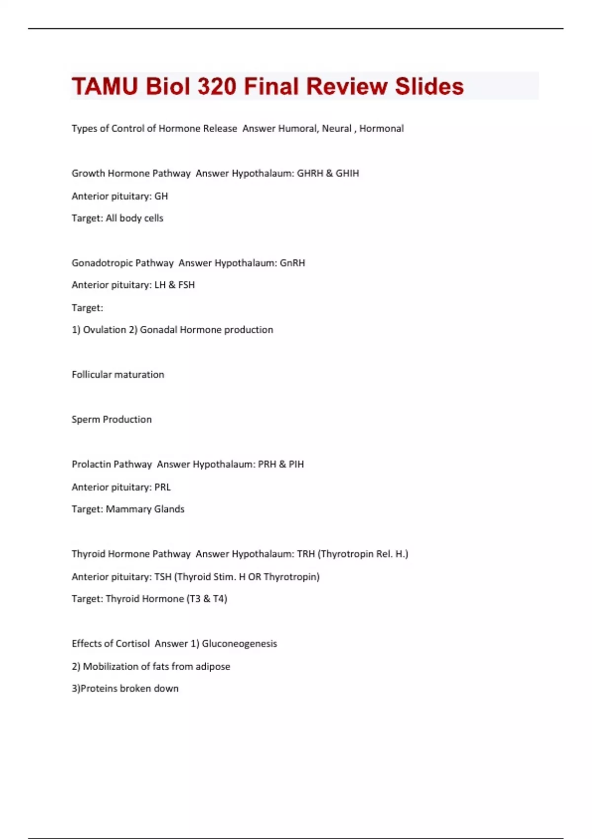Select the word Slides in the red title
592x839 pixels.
coord(429,86)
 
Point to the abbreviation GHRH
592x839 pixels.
coord(310,173)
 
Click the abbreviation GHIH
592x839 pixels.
coord(347,173)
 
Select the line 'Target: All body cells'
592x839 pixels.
coord(117,218)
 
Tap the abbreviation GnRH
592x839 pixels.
coord(293,263)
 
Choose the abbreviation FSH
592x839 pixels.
coord(186,285)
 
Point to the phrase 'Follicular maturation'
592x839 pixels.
coord(118,375)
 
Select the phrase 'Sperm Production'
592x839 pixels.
coord(111,419)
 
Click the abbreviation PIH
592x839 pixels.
coord(296,464)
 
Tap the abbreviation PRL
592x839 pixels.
coord(163,487)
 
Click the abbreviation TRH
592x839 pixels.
coord(306,554)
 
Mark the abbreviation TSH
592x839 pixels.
coord(163,577)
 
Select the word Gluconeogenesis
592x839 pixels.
coord(239,644)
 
